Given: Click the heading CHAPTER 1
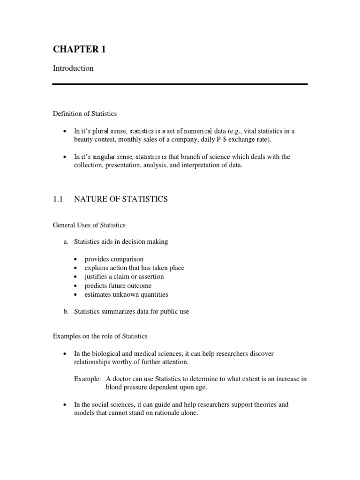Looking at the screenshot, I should [79, 49].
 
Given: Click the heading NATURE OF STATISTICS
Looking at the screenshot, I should [121, 199].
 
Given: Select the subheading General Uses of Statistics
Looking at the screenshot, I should [89, 225].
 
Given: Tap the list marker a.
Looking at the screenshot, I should [65, 242].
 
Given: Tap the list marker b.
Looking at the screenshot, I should [65, 312].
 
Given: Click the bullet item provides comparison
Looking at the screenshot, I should [114, 259].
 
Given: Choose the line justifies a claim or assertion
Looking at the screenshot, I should [124, 277].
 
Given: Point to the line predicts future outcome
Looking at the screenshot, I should [118, 285].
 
